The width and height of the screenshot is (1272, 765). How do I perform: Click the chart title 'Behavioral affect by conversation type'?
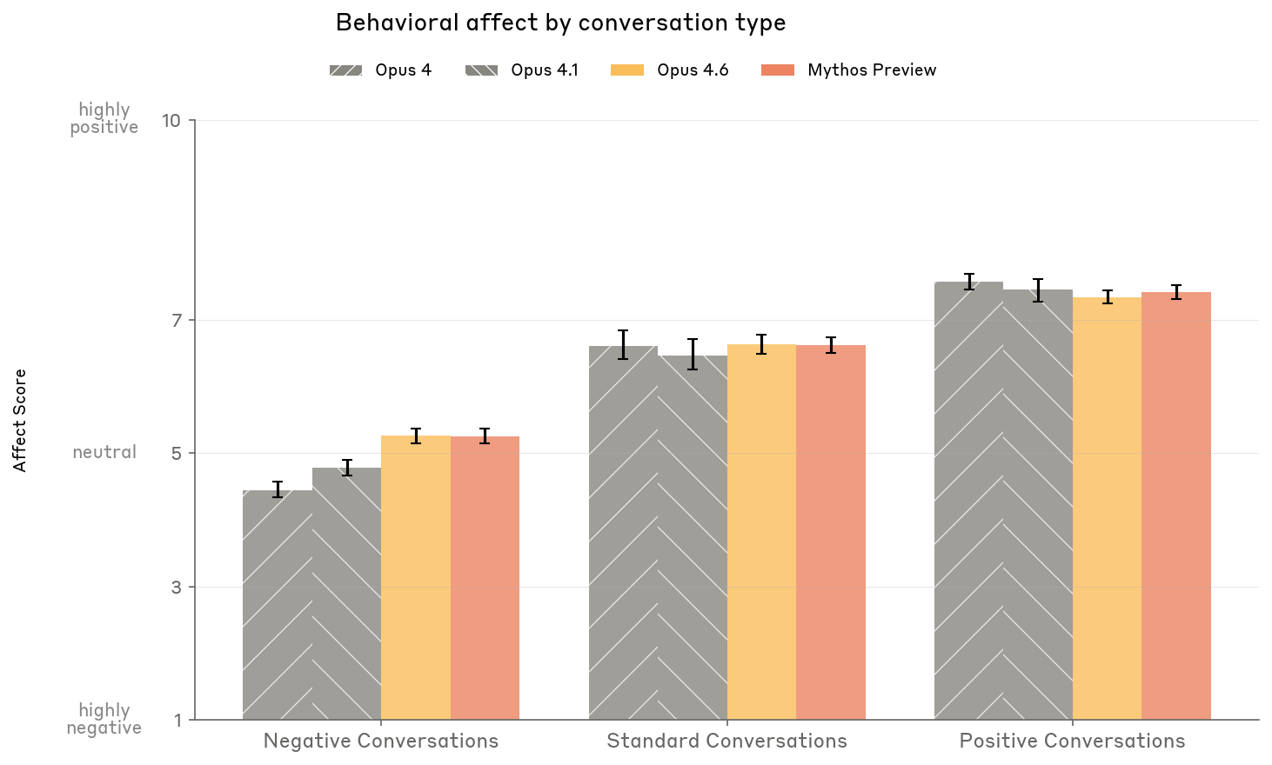click(560, 23)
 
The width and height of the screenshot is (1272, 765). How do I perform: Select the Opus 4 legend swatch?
click(345, 70)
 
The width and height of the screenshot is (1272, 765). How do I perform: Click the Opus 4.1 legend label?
click(545, 70)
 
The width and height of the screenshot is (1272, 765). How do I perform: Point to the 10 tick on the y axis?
click(171, 120)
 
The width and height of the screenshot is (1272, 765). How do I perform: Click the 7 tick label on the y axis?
click(177, 321)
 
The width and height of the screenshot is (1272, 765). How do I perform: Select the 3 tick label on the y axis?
click(177, 588)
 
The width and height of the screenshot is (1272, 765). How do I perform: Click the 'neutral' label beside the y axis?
click(104, 452)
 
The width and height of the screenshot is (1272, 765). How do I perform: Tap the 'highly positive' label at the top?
click(104, 118)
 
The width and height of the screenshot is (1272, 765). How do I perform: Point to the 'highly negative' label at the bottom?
click(104, 719)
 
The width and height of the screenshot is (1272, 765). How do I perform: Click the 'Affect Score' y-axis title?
click(20, 421)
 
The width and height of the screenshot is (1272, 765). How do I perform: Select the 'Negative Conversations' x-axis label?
click(381, 742)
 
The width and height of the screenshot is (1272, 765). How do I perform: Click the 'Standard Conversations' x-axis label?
click(726, 742)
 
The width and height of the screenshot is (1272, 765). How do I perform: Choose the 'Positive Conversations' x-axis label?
click(1072, 742)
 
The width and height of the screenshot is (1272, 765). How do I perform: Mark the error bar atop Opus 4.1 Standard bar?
click(693, 354)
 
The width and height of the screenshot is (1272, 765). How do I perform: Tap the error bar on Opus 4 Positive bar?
click(969, 281)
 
